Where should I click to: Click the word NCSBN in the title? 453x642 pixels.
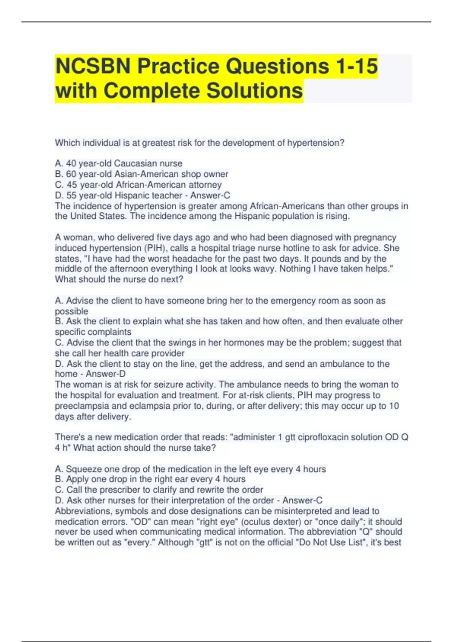[93, 66]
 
